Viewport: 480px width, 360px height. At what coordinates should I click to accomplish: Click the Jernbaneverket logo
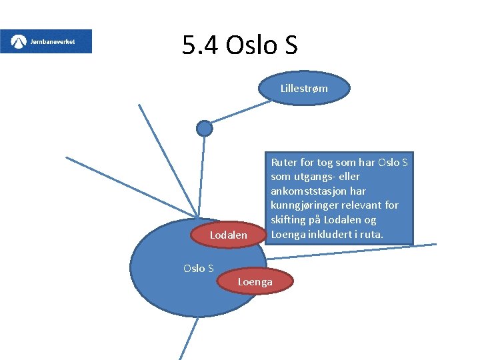(x=46, y=41)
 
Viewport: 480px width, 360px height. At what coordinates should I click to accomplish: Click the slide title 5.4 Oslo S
(x=239, y=45)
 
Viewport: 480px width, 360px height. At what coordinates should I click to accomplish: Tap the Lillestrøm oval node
(x=303, y=88)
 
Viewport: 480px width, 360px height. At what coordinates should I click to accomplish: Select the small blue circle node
(x=205, y=128)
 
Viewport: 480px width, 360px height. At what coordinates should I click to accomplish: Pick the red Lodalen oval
(x=228, y=235)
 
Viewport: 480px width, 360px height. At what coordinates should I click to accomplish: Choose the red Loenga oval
(x=255, y=282)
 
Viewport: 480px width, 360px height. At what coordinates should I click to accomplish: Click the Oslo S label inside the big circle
(x=198, y=269)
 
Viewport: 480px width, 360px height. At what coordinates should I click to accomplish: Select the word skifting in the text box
(x=290, y=220)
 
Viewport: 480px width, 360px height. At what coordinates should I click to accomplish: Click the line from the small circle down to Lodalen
(x=201, y=177)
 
